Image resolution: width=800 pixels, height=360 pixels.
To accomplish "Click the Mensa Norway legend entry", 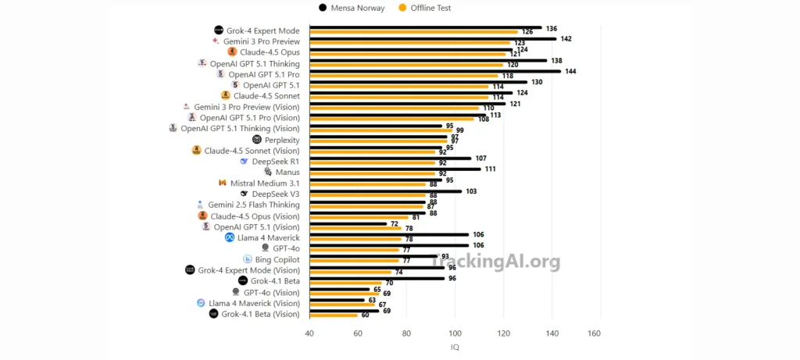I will point(352,8).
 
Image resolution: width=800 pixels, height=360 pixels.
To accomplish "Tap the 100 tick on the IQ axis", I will point(455,333).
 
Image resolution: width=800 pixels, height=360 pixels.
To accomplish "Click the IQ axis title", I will point(455,347).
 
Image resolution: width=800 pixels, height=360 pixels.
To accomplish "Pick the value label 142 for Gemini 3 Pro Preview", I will point(566,38).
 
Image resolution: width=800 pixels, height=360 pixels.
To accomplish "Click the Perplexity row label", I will point(282,140).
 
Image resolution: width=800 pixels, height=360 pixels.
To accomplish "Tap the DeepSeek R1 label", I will point(276,162).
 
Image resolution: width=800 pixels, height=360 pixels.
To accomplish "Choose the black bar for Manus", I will point(395,169).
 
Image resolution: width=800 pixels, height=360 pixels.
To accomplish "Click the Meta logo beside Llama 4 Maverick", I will point(230,237).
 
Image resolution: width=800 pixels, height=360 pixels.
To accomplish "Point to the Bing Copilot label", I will point(277,259).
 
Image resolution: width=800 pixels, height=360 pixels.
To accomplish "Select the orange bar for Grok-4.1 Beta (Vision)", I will point(334,315).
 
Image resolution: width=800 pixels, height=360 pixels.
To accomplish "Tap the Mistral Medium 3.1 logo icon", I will point(223,183).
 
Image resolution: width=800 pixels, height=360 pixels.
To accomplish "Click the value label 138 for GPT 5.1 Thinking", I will point(556,60).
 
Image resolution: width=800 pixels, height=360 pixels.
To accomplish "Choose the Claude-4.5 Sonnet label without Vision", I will point(266,96).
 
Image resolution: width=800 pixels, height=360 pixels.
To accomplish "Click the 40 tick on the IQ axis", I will point(309,333).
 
